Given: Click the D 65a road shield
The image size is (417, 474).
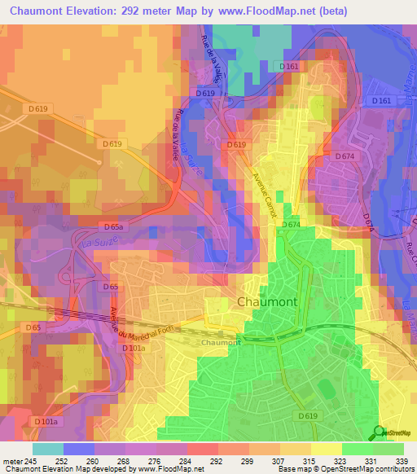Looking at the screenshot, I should pos(114,226).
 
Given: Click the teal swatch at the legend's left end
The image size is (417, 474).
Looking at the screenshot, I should pos(48,449).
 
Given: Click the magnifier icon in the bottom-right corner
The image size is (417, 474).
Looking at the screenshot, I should pos(380,433).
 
